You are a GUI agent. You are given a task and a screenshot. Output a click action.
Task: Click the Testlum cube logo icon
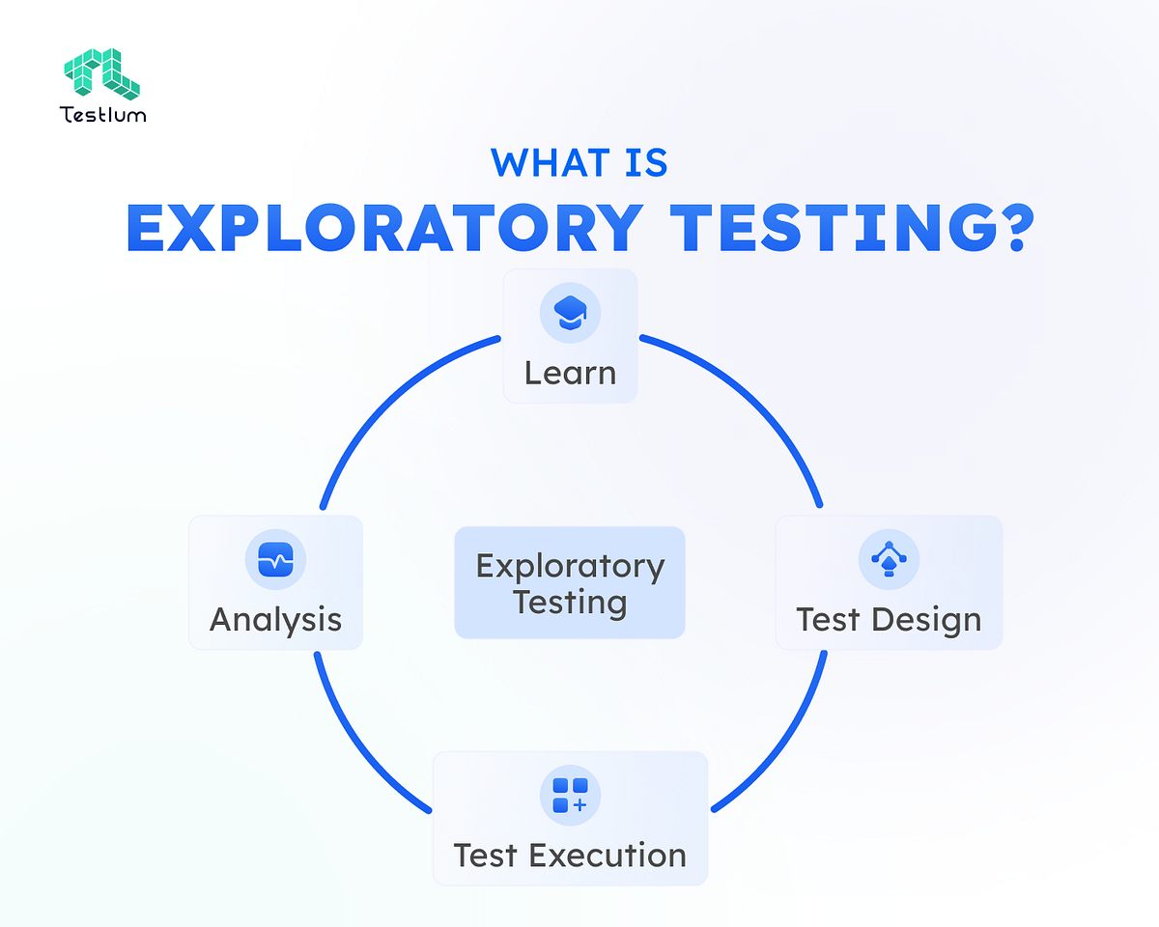(x=101, y=73)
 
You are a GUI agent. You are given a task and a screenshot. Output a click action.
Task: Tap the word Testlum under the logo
(x=102, y=115)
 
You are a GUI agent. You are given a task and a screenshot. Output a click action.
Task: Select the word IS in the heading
(x=643, y=162)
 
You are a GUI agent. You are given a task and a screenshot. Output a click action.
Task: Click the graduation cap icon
(x=570, y=313)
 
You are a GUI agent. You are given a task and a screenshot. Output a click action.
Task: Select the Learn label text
(x=570, y=373)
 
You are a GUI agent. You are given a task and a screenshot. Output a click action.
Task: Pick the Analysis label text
(x=275, y=619)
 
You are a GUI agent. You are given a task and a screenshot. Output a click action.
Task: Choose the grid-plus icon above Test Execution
(x=570, y=794)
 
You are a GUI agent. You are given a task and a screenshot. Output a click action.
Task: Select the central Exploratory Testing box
(x=570, y=582)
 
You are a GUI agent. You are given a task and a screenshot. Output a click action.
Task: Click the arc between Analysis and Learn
(x=386, y=396)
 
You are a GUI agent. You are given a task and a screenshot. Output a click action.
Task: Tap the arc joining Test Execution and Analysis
(x=357, y=748)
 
